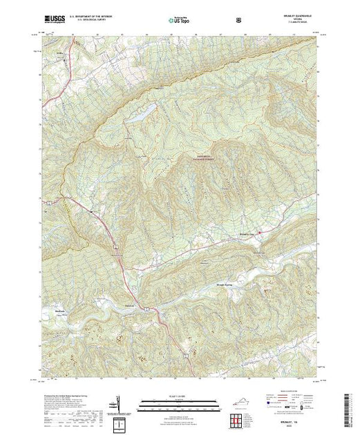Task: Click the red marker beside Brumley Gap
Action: [260, 233]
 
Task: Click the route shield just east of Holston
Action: [146, 306]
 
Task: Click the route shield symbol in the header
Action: [239, 21]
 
